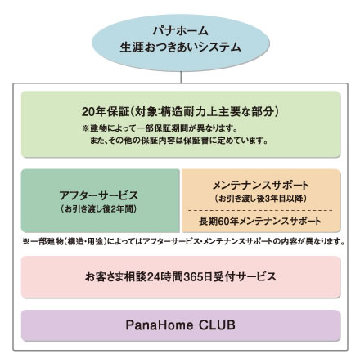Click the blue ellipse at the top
(181, 43)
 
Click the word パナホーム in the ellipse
(181, 31)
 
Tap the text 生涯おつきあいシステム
(181, 47)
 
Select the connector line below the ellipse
(181, 78)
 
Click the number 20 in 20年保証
(88, 112)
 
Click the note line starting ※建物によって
(160, 128)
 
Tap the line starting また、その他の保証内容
(178, 141)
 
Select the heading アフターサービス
(99, 195)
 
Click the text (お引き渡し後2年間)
(99, 209)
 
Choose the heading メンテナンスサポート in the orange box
(261, 186)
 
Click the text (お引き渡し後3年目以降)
(261, 199)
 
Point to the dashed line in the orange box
(260, 210)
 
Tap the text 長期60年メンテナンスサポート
(260, 222)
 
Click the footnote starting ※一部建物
(183, 241)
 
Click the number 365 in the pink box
(193, 277)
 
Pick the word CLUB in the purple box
(217, 325)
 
